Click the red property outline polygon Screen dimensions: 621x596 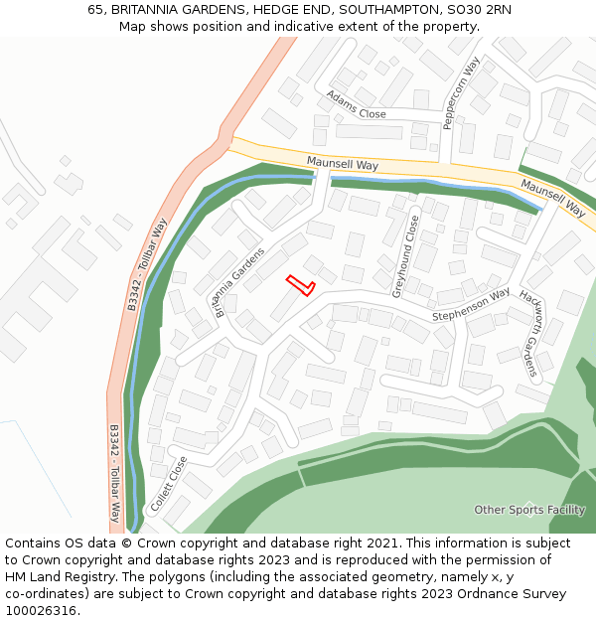[x=300, y=285]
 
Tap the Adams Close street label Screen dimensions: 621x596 [x=357, y=105]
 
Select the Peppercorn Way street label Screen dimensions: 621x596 [x=461, y=92]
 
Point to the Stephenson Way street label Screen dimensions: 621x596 [x=471, y=304]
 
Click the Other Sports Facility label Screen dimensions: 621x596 [x=529, y=510]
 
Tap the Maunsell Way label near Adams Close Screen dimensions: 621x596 [x=342, y=163]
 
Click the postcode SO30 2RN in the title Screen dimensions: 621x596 [x=479, y=10]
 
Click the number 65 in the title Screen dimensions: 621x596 [x=95, y=10]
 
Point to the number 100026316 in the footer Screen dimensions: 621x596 [x=40, y=611]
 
